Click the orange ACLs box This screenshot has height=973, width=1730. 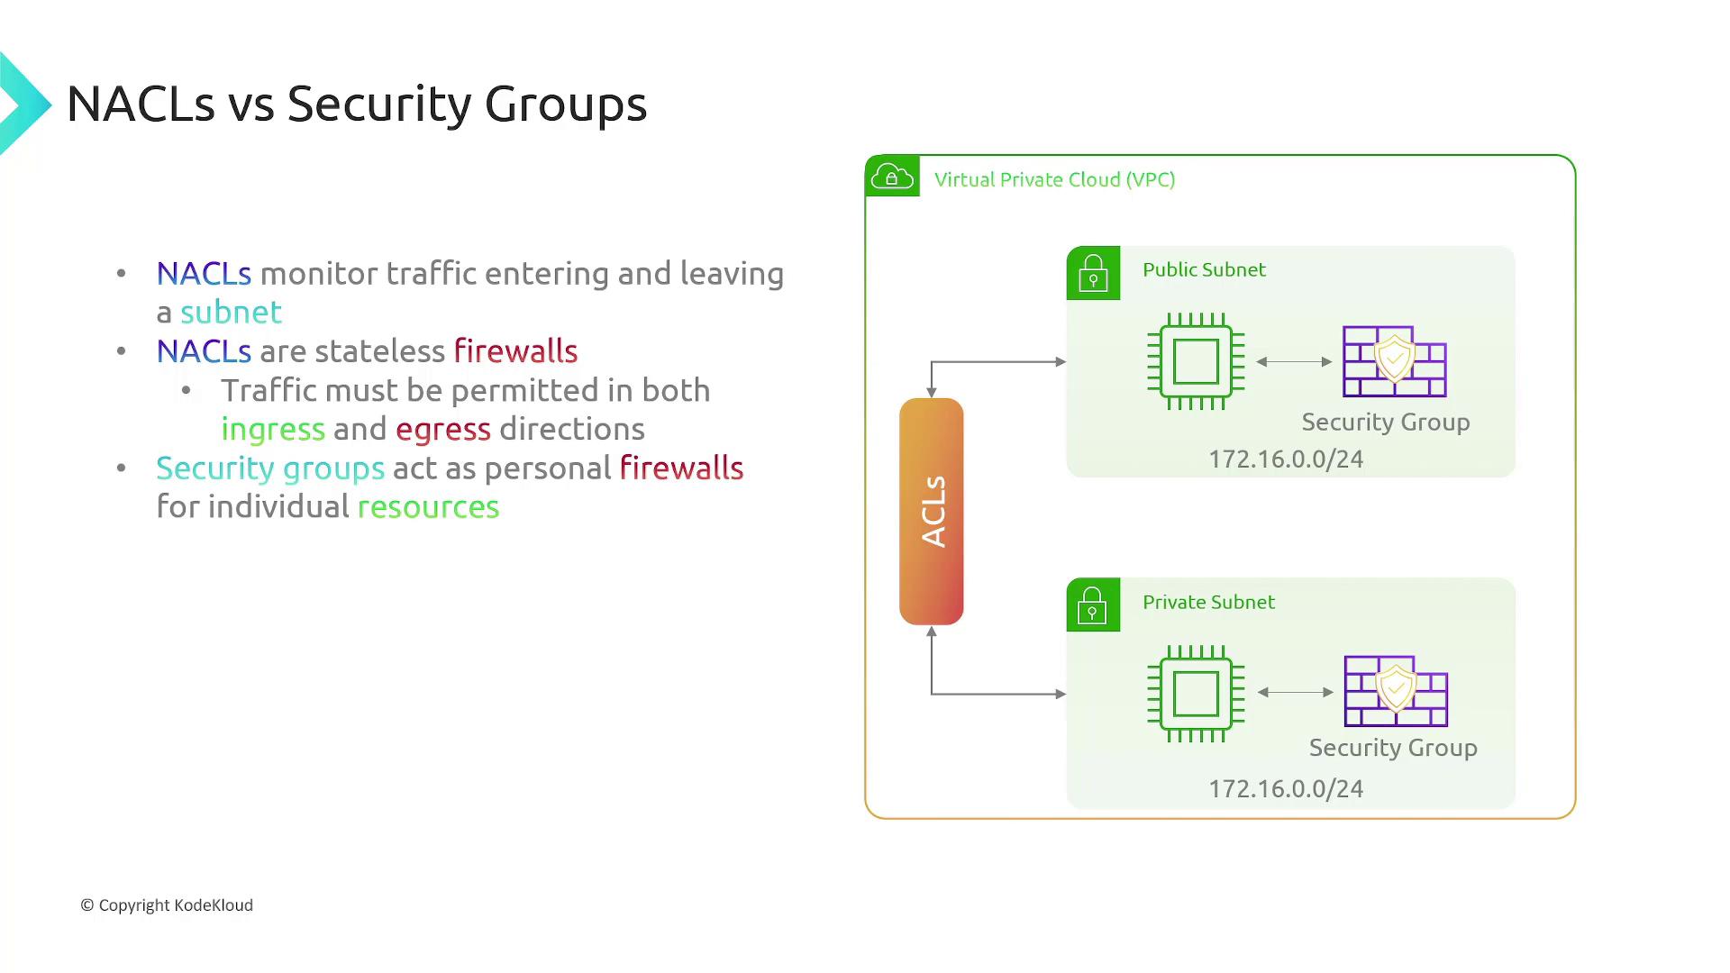(931, 511)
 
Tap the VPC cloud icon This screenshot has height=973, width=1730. (892, 177)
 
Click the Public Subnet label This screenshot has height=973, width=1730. (1204, 269)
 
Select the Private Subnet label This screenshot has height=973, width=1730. (1208, 602)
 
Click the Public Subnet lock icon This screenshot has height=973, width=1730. (1093, 273)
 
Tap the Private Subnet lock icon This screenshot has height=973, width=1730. (1093, 605)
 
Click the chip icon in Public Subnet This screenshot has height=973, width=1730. (1196, 361)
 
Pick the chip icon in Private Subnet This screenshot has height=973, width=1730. (1196, 694)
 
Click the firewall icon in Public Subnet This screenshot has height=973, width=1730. (1394, 361)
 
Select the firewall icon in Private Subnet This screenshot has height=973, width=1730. (1396, 691)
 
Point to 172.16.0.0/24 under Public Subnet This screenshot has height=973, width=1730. (1286, 459)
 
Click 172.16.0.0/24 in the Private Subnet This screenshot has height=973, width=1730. (1286, 789)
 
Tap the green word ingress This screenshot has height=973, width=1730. (273, 430)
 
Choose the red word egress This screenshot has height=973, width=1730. (443, 430)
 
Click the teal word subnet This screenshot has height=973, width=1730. (231, 313)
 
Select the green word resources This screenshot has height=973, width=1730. (428, 507)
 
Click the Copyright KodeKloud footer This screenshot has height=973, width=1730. (167, 905)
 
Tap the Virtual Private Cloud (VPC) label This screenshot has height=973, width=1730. (1054, 179)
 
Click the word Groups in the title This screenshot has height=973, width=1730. (565, 105)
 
